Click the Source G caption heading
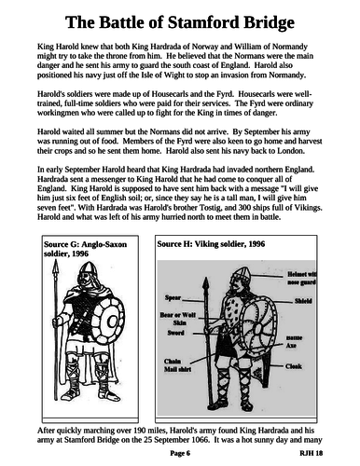pos(83,251)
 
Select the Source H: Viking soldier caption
pos(216,245)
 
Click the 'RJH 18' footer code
pos(323,455)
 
